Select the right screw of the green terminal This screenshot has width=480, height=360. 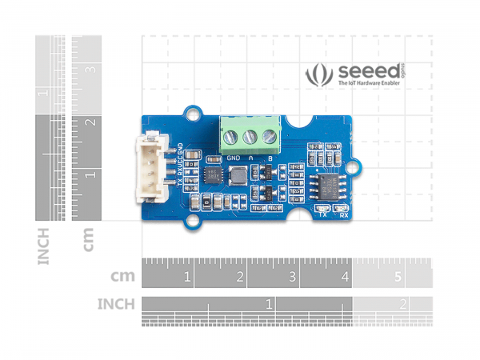(267, 137)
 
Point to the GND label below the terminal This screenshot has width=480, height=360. (234, 158)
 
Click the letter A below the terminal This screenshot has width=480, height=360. (251, 158)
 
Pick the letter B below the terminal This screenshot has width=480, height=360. (270, 158)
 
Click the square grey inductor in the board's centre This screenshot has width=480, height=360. (214, 176)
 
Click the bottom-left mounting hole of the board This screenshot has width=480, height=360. (193, 216)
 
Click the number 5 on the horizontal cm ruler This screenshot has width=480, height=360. (398, 278)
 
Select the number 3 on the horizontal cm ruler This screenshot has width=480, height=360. (292, 278)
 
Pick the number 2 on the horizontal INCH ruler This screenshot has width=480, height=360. (402, 304)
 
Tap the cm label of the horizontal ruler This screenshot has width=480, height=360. (123, 277)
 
